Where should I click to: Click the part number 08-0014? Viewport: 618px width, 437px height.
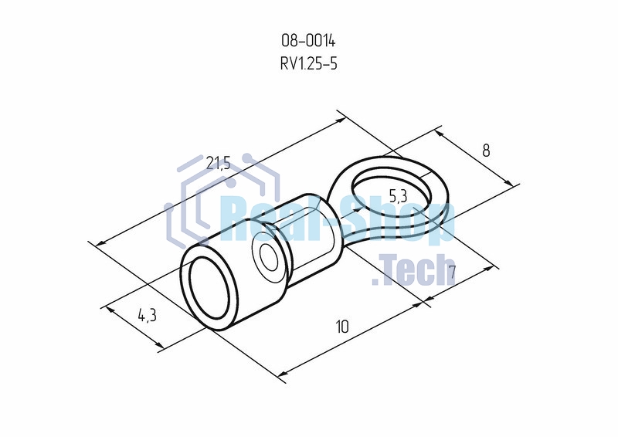click(308, 41)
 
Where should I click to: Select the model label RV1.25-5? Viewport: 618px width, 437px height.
click(308, 63)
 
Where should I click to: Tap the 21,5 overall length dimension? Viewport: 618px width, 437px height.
click(218, 162)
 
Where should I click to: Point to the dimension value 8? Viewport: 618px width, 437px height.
click(486, 150)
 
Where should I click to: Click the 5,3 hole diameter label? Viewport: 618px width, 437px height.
click(398, 196)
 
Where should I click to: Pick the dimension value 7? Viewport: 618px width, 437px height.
click(452, 272)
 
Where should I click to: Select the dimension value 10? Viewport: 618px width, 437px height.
click(342, 327)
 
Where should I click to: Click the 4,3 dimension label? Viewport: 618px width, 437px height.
click(147, 315)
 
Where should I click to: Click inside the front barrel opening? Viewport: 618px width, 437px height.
click(209, 288)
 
